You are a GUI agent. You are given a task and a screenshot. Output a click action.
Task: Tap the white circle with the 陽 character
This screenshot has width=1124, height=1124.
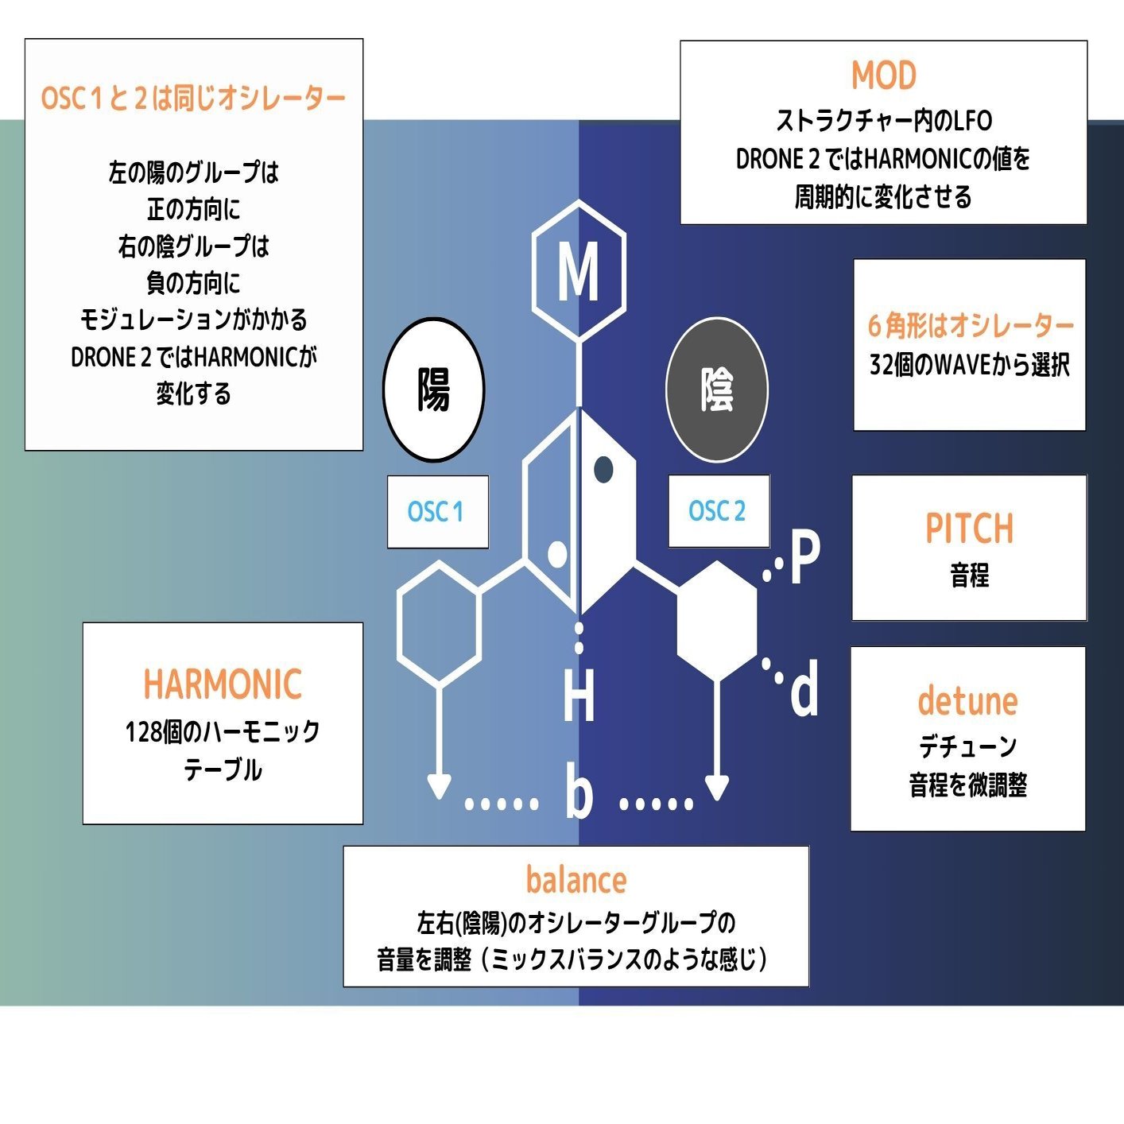[433, 390]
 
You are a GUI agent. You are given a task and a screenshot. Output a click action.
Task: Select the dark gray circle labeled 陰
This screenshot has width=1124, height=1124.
[716, 390]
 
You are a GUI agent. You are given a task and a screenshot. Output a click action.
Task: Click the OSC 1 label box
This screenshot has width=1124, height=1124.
[437, 511]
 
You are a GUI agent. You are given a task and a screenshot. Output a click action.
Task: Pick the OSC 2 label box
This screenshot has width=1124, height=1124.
[718, 510]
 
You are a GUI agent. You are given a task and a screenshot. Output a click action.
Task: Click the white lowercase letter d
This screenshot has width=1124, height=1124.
[804, 690]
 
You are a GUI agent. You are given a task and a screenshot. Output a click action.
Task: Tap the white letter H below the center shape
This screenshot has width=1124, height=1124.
[579, 696]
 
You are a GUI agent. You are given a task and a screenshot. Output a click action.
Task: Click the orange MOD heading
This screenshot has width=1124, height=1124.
[884, 76]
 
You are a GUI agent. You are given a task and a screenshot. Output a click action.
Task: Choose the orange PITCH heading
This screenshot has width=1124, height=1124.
[969, 529]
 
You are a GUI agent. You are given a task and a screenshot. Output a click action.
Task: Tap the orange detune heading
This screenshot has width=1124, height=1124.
[967, 701]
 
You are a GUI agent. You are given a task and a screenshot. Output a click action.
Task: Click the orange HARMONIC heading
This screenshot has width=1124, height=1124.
[223, 684]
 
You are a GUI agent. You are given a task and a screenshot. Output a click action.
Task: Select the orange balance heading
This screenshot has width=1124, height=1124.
[576, 881]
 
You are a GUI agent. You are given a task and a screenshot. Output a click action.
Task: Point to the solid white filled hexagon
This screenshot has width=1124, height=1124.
[717, 621]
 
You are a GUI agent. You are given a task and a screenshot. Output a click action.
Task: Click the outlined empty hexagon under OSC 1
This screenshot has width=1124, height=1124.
[439, 624]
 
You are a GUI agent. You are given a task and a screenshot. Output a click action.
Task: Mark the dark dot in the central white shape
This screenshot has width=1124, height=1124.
[603, 469]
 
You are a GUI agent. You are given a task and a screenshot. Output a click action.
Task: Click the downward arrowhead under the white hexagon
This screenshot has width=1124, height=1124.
[717, 787]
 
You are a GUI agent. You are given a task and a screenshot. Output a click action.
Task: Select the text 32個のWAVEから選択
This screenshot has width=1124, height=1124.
[969, 365]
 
